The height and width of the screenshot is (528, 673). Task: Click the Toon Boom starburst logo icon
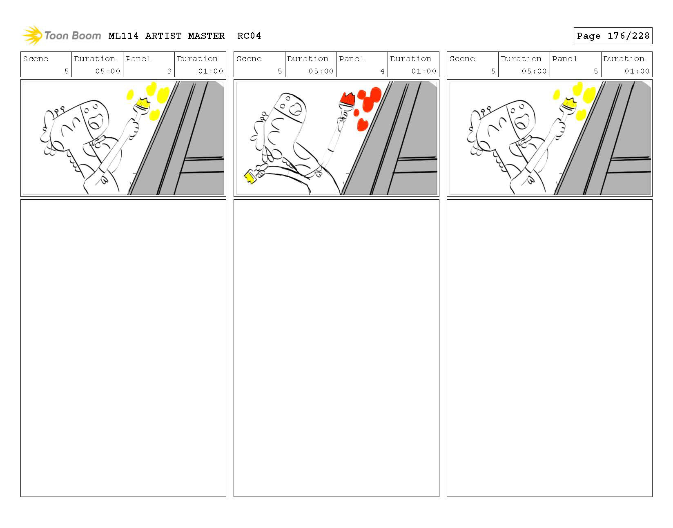pyautogui.click(x=32, y=35)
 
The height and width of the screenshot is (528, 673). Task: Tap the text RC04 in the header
pyautogui.click(x=249, y=36)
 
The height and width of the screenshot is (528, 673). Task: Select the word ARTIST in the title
pyautogui.click(x=163, y=36)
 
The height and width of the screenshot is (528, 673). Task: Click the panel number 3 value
pyautogui.click(x=169, y=71)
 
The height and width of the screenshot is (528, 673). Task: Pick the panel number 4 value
pyautogui.click(x=382, y=71)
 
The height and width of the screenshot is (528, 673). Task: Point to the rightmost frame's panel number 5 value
pyautogui.click(x=595, y=71)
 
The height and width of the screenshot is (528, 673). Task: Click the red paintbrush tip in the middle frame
pyautogui.click(x=347, y=99)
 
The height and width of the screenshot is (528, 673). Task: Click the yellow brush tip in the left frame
pyautogui.click(x=144, y=102)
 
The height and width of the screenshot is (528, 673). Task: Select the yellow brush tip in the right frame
pyautogui.click(x=570, y=102)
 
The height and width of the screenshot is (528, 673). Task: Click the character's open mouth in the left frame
pyautogui.click(x=96, y=121)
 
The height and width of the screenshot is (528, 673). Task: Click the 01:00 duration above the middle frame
pyautogui.click(x=423, y=71)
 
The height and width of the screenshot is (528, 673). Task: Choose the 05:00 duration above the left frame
pyautogui.click(x=107, y=71)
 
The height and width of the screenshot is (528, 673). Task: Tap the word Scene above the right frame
pyautogui.click(x=462, y=58)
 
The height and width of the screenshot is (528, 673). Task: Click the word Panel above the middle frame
pyautogui.click(x=351, y=58)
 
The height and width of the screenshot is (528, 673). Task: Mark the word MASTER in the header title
pyautogui.click(x=206, y=36)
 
